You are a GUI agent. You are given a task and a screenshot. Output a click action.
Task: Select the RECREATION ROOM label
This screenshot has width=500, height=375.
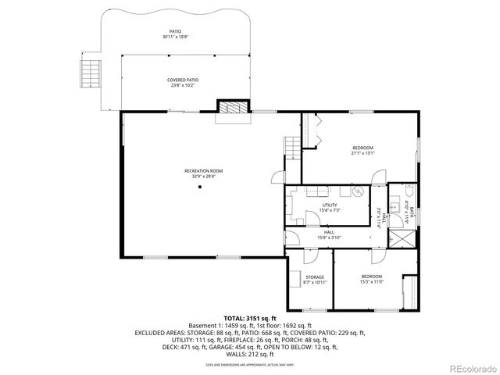[203, 170]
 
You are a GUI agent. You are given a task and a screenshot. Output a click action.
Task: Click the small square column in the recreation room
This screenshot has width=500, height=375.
[201, 187]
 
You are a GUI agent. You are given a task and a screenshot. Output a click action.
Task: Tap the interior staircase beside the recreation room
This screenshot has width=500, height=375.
[292, 146]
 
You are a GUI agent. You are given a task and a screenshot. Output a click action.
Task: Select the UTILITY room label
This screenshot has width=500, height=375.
[329, 205]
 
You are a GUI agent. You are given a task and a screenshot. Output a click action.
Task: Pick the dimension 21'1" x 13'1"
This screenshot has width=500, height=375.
[362, 153]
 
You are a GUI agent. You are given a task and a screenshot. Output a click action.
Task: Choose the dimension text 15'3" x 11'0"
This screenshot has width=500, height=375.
[371, 282]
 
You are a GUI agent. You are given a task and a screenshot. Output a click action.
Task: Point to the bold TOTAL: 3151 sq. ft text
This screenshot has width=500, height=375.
[250, 319]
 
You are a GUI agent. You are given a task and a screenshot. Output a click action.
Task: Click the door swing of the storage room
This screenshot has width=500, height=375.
[308, 255]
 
